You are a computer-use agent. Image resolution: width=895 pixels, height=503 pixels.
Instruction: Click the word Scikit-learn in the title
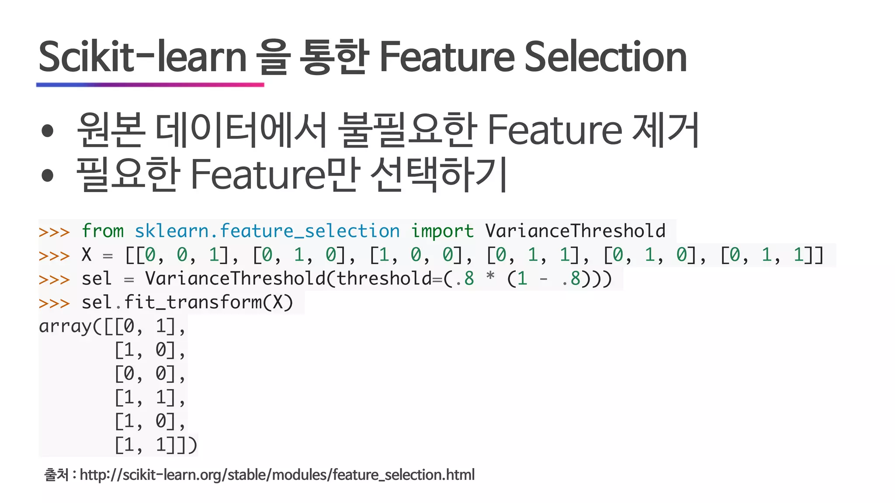142,57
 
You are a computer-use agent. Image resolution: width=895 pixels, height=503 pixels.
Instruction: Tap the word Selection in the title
605,57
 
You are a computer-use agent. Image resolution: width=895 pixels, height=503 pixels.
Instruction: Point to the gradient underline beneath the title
150,85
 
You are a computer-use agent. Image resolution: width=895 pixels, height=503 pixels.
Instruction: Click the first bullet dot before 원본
47,131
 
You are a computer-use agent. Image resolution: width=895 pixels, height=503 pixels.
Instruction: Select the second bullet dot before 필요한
47,176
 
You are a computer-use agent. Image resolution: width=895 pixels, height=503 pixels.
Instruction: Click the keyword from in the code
103,231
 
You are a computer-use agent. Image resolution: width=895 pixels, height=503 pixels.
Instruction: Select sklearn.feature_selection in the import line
267,231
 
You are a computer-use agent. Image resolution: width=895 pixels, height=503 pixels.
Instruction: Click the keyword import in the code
442,231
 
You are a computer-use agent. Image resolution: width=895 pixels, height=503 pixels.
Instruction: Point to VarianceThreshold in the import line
575,231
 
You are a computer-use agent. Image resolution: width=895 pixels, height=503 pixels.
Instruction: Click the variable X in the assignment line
87,255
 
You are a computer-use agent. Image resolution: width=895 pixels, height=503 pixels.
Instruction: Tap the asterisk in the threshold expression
490,277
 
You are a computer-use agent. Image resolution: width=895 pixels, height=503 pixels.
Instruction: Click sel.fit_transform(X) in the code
187,302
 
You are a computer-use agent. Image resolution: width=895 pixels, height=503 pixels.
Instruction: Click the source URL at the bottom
277,475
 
